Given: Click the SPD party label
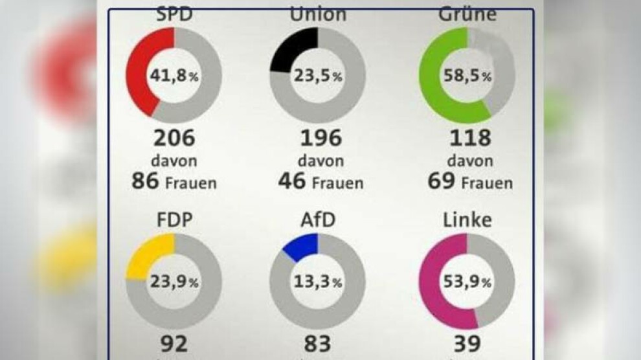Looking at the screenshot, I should pos(175,14).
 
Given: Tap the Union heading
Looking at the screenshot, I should pos(317,13).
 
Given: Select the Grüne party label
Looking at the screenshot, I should pos(467,14).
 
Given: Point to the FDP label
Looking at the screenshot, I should pos(174,219).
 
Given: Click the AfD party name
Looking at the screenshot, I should pos(317,219).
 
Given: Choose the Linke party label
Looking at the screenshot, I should pos(467,219).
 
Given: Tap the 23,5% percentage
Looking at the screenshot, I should pos(318,76).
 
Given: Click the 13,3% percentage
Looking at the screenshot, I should pos(318,282).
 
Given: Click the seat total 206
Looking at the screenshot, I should pos(174,139).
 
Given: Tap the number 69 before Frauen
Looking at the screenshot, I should pos(441,181).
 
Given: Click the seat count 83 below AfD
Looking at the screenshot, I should pos(317,343).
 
